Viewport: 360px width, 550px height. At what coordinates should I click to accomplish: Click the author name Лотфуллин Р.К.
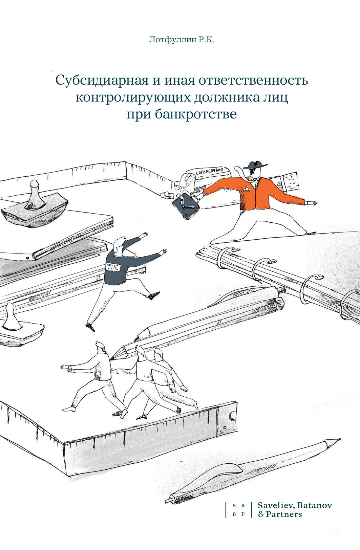pos(182,40)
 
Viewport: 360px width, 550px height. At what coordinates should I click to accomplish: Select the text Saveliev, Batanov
pos(295,505)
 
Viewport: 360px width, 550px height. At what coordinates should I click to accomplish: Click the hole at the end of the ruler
pos(232,415)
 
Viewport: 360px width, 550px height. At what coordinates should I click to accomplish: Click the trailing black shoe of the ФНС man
pos(90,327)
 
